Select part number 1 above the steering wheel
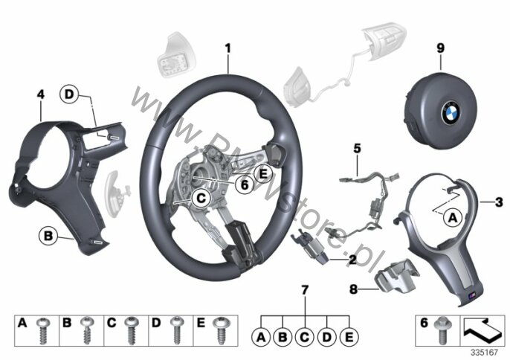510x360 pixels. (228, 48)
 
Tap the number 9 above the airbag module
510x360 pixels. (440, 48)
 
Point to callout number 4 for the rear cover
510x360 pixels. (40, 94)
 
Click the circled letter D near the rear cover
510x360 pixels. (69, 94)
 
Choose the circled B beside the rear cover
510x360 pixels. (48, 236)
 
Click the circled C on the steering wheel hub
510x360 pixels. (201, 198)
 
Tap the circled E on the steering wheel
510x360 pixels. (263, 174)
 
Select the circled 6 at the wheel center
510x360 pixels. (245, 184)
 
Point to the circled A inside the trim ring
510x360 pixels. (453, 218)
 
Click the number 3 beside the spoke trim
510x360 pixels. (499, 202)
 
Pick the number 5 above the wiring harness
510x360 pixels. (357, 149)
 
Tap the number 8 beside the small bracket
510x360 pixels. (353, 289)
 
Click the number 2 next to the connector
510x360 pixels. (352, 260)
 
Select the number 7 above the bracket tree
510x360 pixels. (305, 290)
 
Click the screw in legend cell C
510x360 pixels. (131, 330)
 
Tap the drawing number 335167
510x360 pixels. (485, 353)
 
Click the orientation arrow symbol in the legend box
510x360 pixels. (482, 330)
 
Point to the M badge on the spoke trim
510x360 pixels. (472, 295)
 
